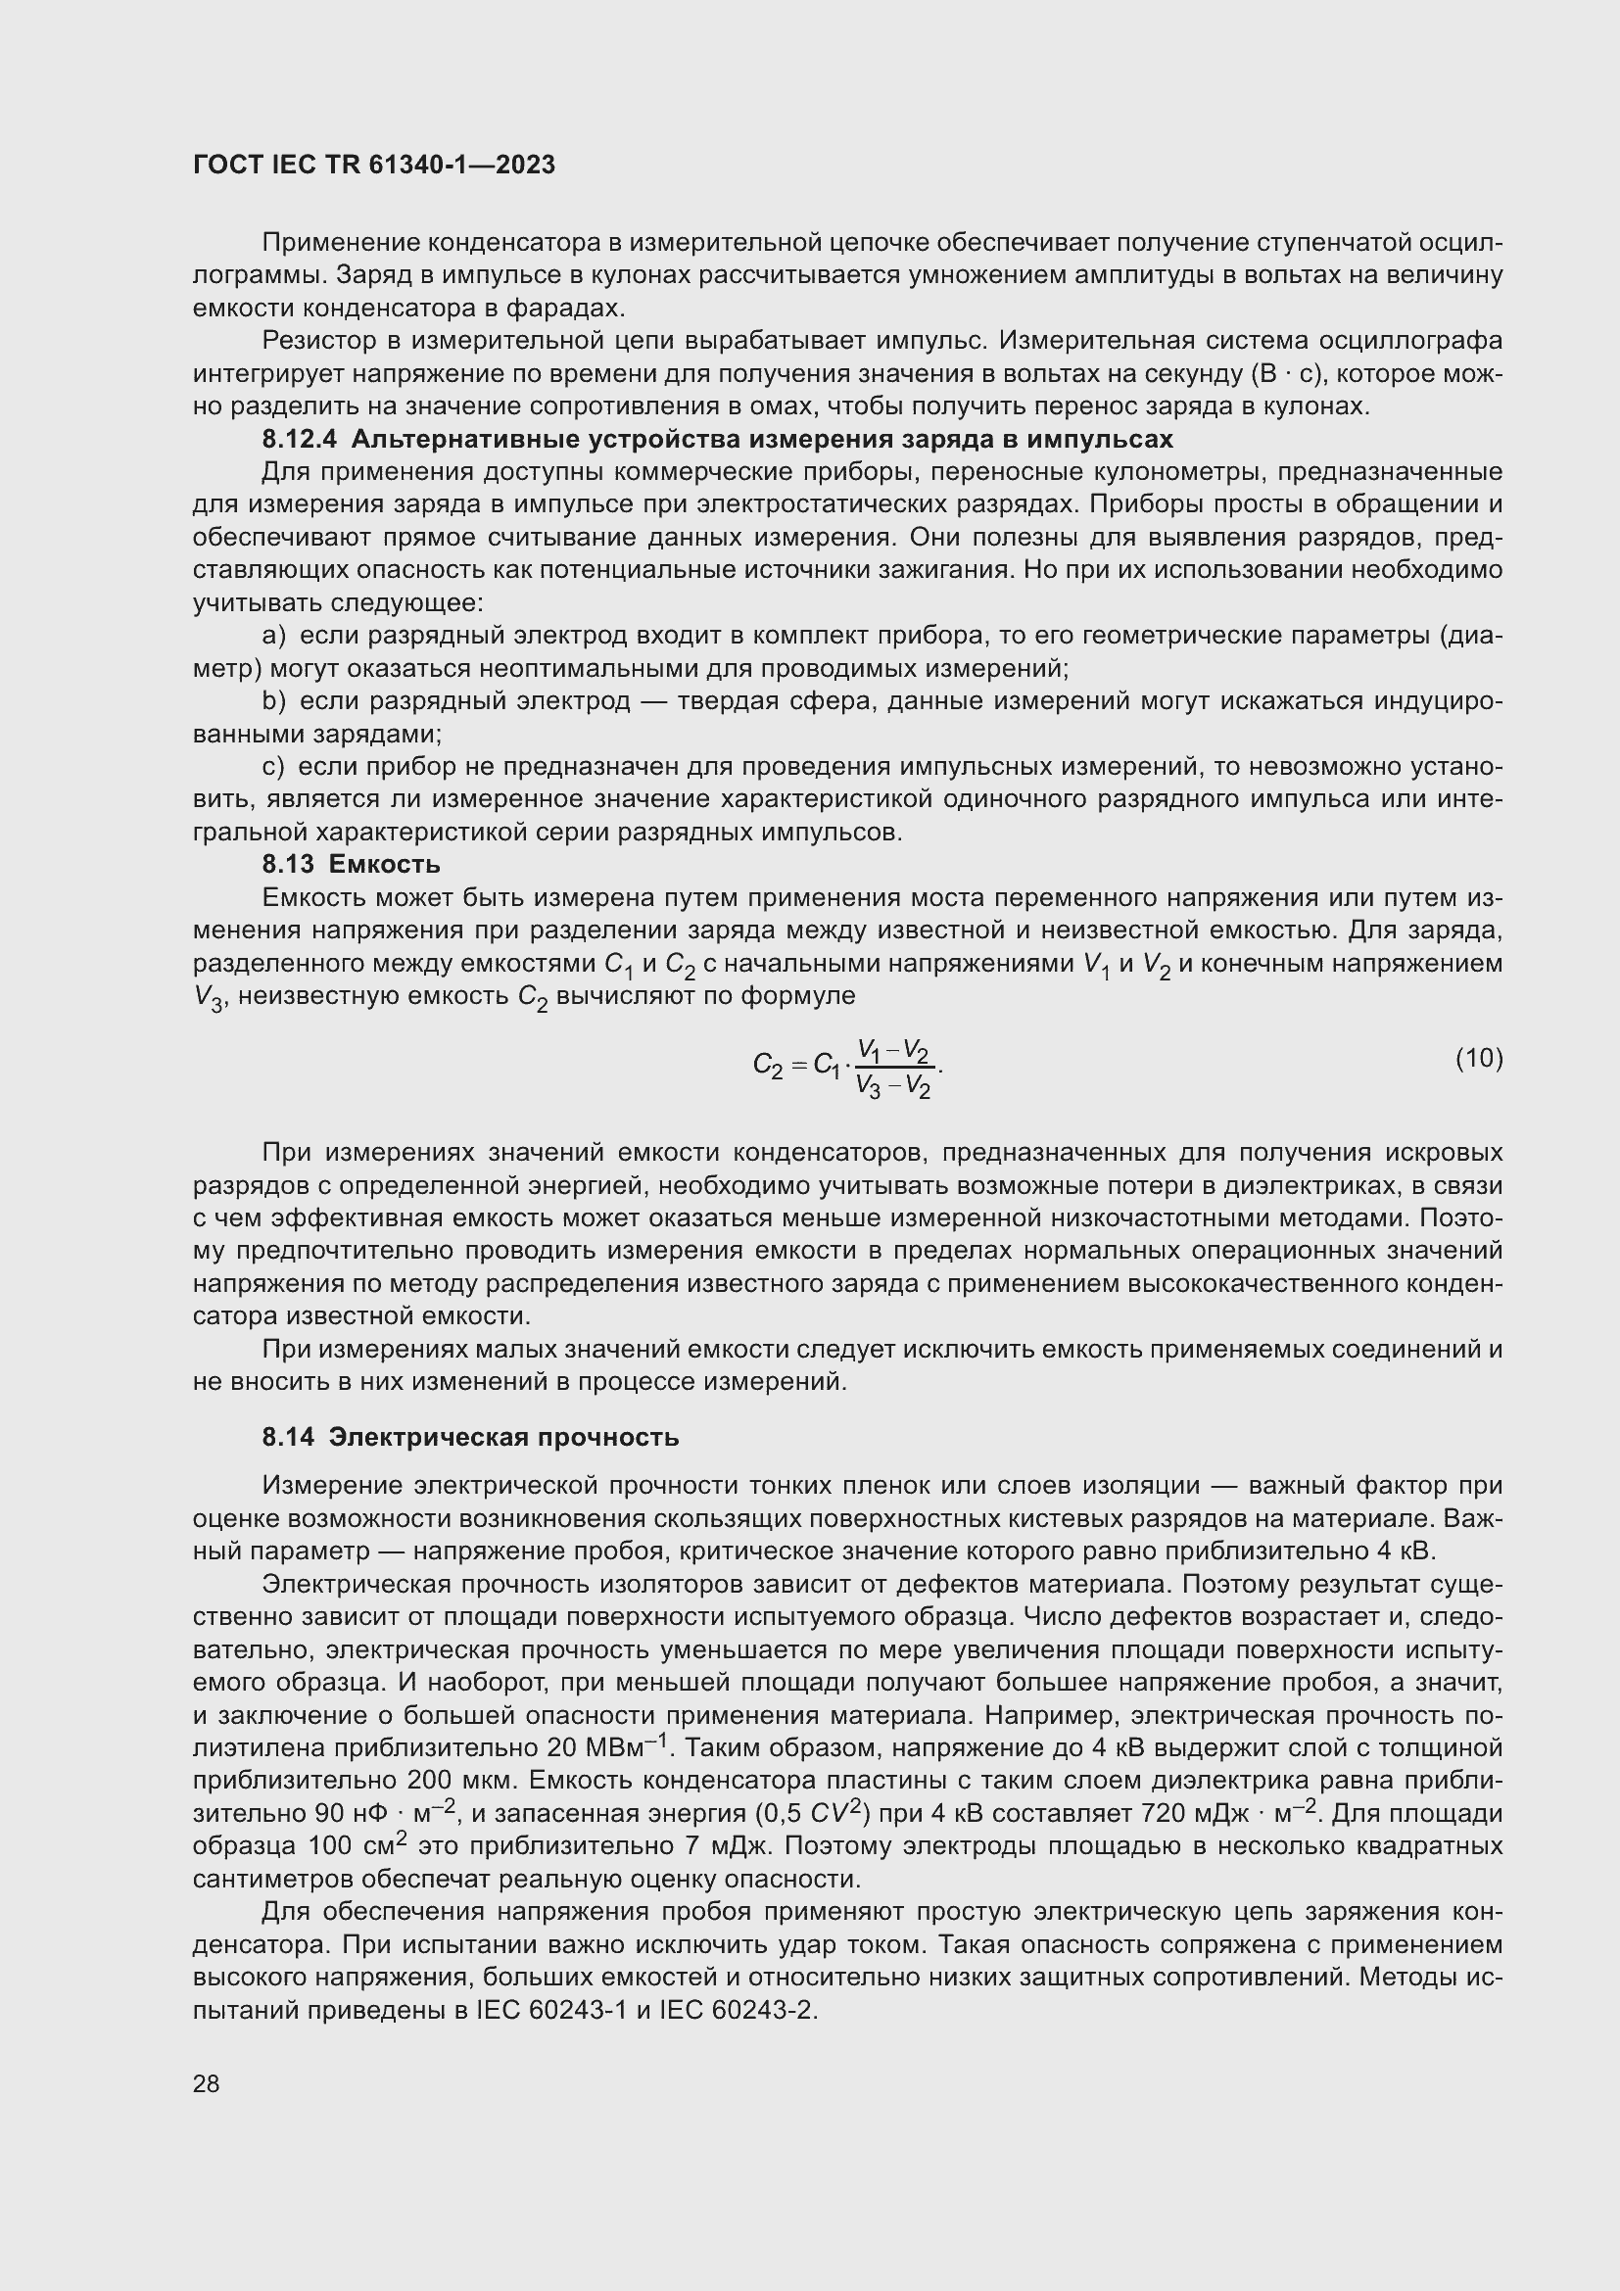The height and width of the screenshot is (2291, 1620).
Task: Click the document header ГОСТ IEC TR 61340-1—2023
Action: pos(374,166)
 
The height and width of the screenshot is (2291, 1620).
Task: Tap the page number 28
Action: pos(207,2083)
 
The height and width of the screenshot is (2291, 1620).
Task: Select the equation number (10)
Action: pos(1479,1058)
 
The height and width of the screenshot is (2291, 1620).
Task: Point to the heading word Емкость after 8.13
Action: pos(384,864)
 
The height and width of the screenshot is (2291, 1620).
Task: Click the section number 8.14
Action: pos(288,1437)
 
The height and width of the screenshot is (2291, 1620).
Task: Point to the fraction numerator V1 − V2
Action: pos(894,1052)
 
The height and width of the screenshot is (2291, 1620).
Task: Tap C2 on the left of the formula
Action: pos(767,1067)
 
